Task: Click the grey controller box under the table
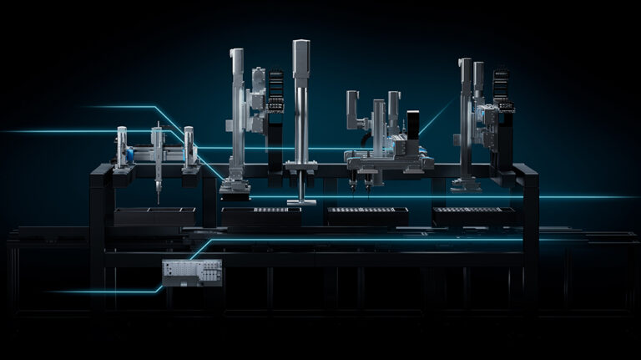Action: [192, 272]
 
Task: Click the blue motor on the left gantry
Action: [129, 156]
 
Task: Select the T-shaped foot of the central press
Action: [300, 200]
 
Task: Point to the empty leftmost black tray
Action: [154, 215]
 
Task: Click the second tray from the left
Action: [261, 215]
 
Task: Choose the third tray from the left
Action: [367, 215]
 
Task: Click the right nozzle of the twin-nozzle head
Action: [368, 187]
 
